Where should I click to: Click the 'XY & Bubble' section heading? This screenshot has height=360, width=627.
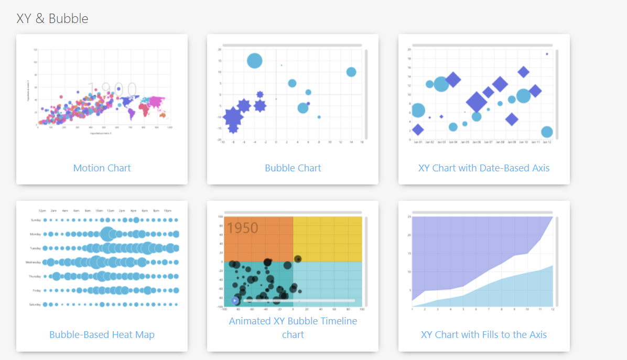point(52,19)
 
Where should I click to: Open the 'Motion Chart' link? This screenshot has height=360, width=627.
point(102,168)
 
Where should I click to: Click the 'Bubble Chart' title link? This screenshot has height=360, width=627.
point(293,168)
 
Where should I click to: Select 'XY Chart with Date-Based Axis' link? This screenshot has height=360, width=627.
point(483,168)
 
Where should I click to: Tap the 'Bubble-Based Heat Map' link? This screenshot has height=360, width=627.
point(102,335)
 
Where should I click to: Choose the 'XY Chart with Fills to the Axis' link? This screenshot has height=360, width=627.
point(483,335)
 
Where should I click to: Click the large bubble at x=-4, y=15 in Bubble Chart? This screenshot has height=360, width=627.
point(255,61)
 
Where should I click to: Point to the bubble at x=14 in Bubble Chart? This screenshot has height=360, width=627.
point(351,72)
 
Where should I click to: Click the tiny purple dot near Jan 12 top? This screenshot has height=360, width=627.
point(547,54)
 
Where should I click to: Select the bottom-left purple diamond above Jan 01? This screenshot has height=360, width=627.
point(418,129)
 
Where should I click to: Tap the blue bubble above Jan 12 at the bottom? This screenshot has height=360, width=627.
point(547,132)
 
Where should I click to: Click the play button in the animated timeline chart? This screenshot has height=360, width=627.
point(235,301)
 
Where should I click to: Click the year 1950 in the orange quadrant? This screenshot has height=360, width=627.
point(243,228)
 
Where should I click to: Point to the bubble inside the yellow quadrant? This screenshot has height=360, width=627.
point(298,259)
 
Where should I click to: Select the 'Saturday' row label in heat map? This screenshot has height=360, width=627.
point(34,304)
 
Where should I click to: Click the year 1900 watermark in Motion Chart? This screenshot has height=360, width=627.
point(112,90)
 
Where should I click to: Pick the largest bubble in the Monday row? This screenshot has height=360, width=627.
point(108,234)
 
